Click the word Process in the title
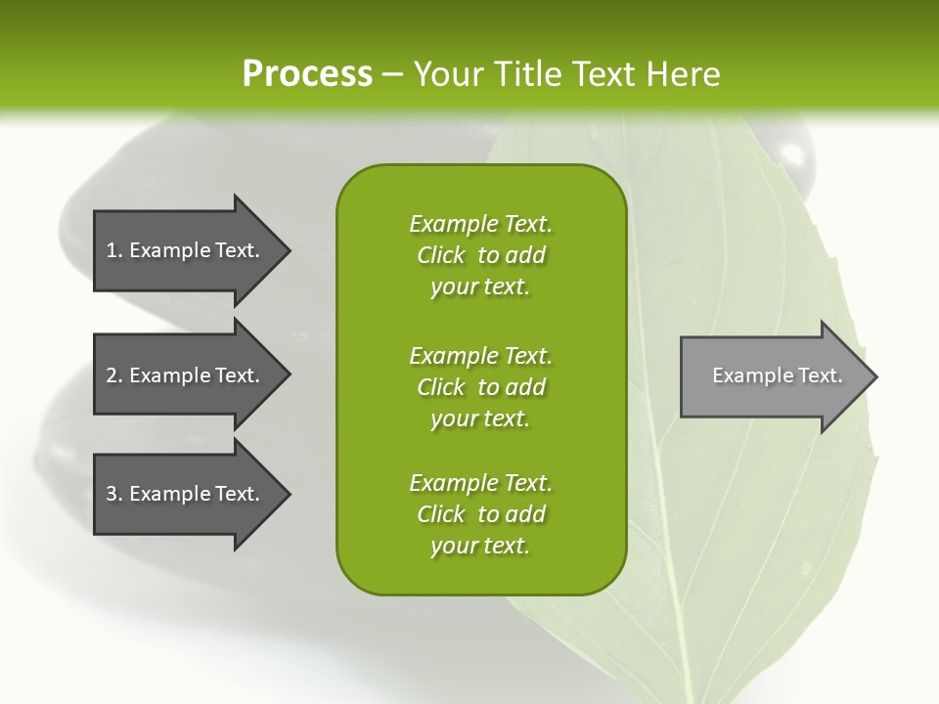[307, 74]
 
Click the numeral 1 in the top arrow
[112, 250]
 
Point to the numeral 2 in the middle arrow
[112, 375]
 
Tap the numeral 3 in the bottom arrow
[112, 495]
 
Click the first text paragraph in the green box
[481, 255]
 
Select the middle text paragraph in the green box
[481, 387]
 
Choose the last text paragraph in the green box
[481, 514]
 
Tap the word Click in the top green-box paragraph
[440, 256]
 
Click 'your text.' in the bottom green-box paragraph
[480, 547]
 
